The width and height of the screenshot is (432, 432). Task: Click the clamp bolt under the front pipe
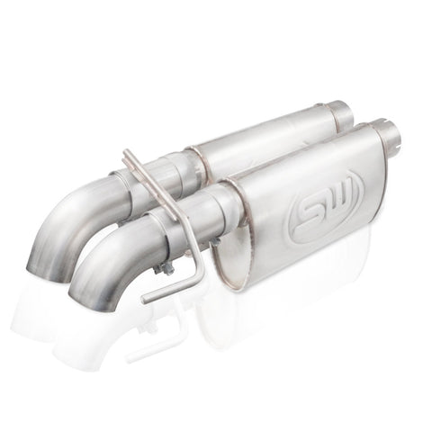click(x=162, y=267)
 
